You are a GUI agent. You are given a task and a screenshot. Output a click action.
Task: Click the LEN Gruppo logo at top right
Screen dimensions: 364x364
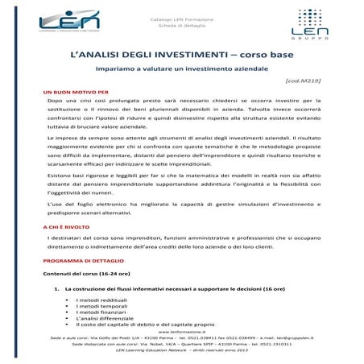coord(300,25)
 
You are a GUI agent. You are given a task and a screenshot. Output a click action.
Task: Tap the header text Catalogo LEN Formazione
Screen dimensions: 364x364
coord(182,18)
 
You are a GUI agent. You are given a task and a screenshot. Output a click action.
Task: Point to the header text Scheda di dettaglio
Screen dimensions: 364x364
coord(182,26)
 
